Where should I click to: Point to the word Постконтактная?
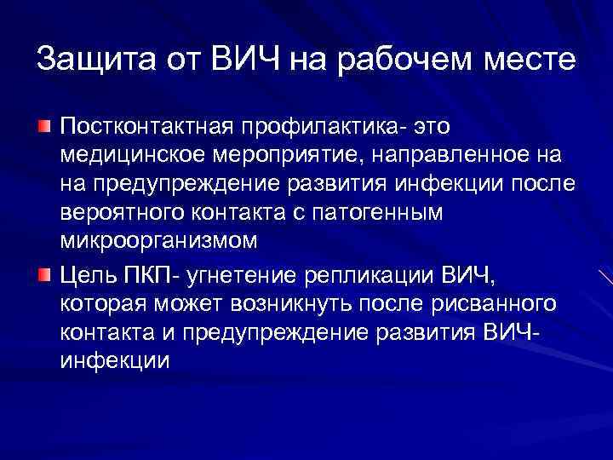point(150,127)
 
